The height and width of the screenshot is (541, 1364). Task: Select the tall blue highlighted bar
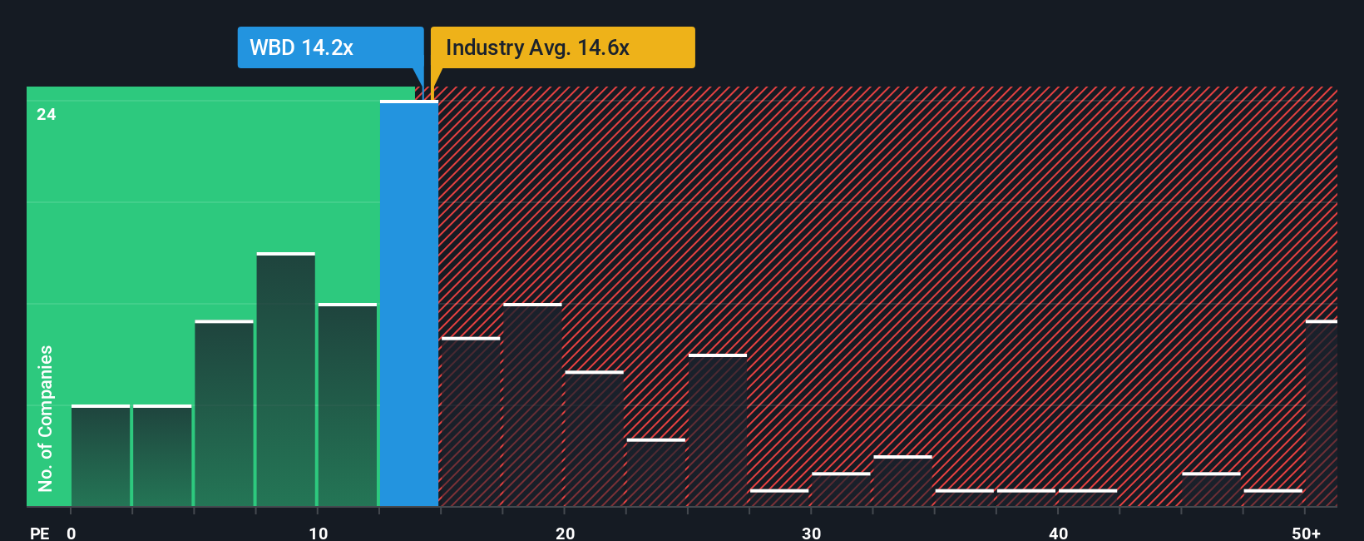409,304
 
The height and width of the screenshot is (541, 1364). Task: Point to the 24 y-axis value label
47,115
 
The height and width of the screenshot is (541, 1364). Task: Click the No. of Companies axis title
46,418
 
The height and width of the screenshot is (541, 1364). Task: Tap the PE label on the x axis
40,533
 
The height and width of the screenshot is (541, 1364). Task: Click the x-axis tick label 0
72,533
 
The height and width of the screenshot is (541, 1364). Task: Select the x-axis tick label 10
318,533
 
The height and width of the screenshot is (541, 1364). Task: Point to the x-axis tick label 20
565,533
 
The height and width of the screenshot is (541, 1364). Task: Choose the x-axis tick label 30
812,533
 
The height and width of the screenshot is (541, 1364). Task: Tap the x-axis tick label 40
1058,533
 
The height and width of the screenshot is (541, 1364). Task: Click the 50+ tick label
1306,533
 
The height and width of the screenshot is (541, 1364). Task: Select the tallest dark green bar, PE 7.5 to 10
286,380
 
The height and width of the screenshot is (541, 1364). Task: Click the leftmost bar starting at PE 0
101,456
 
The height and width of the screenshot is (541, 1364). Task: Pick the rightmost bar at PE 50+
1321,414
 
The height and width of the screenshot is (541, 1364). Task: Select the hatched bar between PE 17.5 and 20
532,405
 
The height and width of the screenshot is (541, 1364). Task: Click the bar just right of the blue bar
471,422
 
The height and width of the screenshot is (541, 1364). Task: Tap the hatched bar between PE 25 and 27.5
718,430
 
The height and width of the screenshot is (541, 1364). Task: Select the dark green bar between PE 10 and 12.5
348,405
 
